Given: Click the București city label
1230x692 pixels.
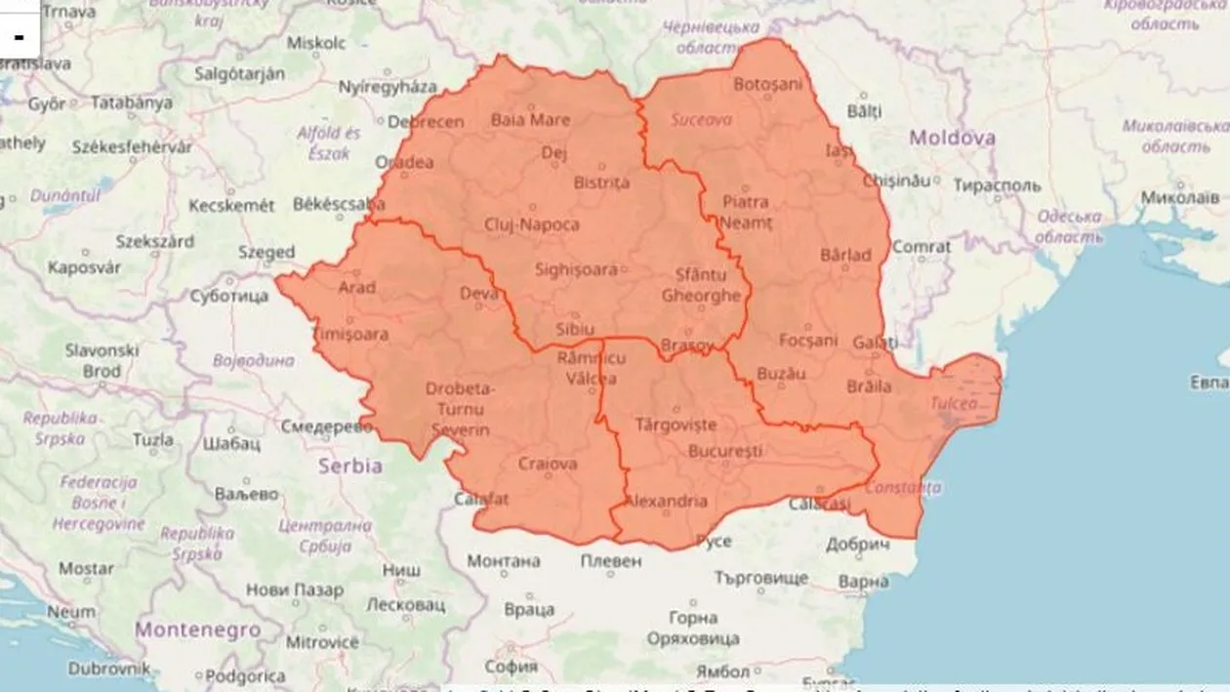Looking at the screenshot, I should coord(724,451).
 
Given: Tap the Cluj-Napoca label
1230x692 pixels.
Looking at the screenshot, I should coord(532,224).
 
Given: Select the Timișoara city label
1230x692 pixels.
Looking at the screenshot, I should coord(348,334).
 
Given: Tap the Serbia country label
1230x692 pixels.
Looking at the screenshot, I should coord(350,466).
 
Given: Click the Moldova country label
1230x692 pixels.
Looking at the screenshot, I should coord(952,138).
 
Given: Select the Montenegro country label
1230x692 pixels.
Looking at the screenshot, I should coord(198,630).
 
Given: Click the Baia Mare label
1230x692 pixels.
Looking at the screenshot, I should coord(530,120).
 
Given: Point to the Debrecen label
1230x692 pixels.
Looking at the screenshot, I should coord(426,122).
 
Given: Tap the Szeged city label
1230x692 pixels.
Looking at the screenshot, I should coord(266,252).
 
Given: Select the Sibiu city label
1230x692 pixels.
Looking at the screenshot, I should coord(573,329).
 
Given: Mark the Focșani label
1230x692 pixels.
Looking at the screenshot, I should coord(808,340).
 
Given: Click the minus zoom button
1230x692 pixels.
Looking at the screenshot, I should coord(19,37).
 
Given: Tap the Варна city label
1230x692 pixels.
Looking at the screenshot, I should coord(863,582).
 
